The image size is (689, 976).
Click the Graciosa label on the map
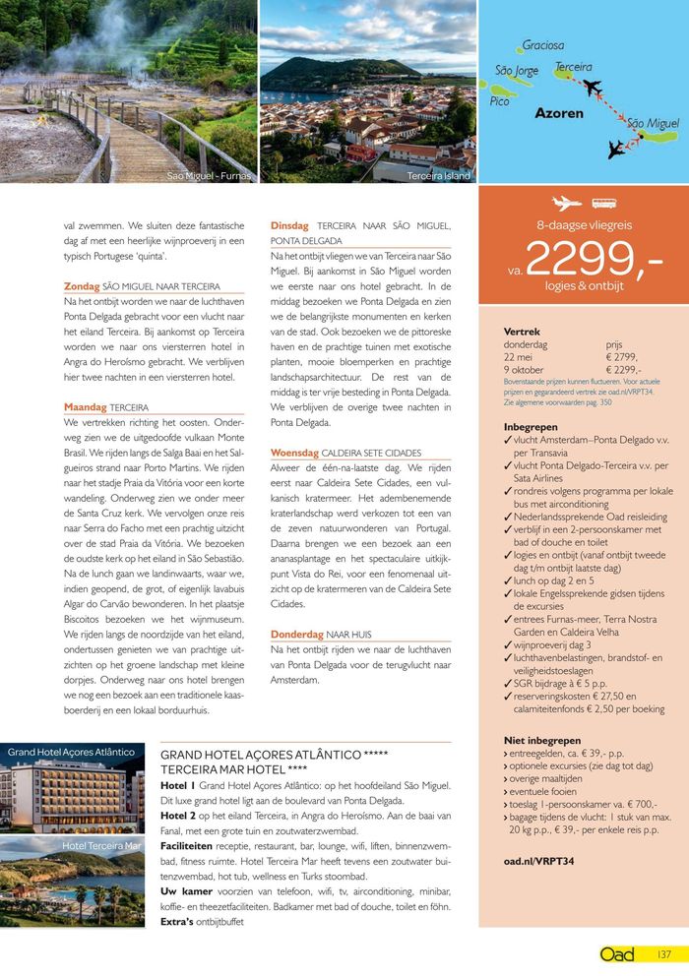543,45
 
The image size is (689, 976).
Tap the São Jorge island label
517,71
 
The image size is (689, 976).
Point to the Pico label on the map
500,101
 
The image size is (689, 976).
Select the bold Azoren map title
559,113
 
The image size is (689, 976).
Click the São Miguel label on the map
653,123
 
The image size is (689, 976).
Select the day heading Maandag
86,406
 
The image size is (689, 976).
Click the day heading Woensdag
294,453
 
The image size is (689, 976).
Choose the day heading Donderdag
297,634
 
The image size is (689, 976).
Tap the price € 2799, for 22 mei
622,357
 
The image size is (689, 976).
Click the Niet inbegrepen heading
541,740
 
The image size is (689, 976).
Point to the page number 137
664,955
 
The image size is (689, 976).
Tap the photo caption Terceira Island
438,176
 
